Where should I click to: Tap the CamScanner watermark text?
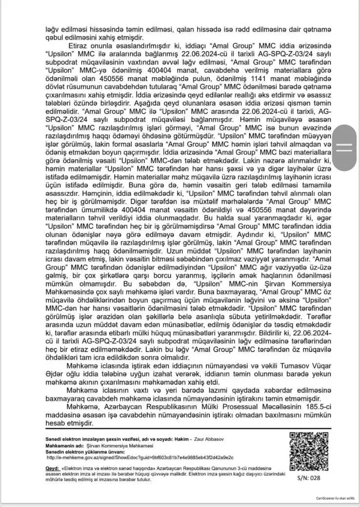[335, 498]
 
